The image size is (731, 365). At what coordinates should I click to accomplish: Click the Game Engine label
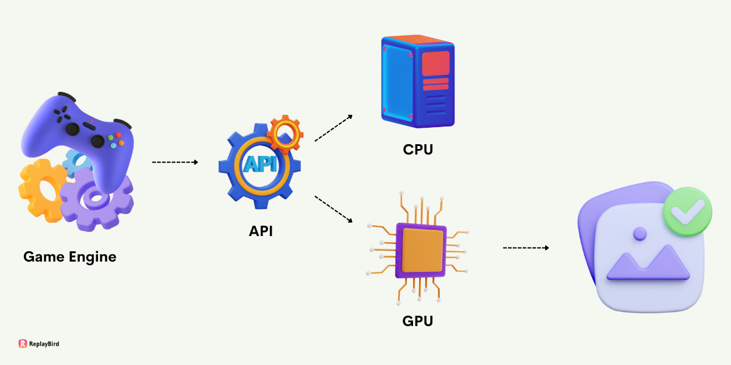coord(69,257)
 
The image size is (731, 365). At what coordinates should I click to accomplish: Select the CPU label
coord(418,149)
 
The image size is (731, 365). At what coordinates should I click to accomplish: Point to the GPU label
coord(418,321)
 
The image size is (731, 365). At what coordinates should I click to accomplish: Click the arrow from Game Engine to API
coord(175,162)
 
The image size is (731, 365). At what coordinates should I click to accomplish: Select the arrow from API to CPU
coord(333,128)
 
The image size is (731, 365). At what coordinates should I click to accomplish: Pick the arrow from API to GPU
coord(333,209)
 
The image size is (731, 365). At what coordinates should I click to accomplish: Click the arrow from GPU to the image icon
coord(526,248)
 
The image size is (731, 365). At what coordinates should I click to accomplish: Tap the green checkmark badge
coord(687,211)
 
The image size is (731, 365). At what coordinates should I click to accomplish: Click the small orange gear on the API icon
coord(284,133)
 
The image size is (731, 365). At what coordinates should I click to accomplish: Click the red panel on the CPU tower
coord(436,63)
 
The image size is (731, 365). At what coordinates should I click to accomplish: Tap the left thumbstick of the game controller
coord(72,128)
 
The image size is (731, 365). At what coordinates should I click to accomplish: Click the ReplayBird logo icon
coord(23,344)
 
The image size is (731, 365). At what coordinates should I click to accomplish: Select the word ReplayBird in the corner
coord(44,344)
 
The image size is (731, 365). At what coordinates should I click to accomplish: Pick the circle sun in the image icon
coord(640,234)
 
